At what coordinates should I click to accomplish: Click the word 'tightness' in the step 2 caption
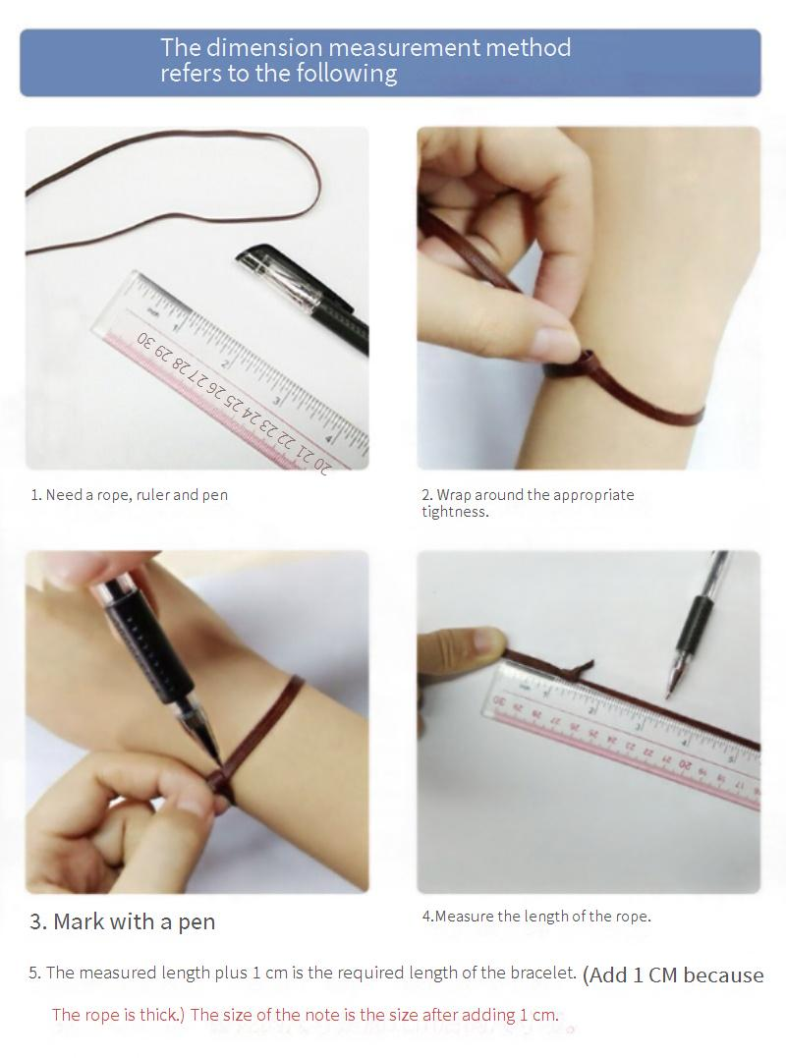pyautogui.click(x=453, y=512)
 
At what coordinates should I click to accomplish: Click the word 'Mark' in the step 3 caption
pyautogui.click(x=79, y=921)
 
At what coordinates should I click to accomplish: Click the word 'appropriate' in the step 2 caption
pyautogui.click(x=593, y=495)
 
